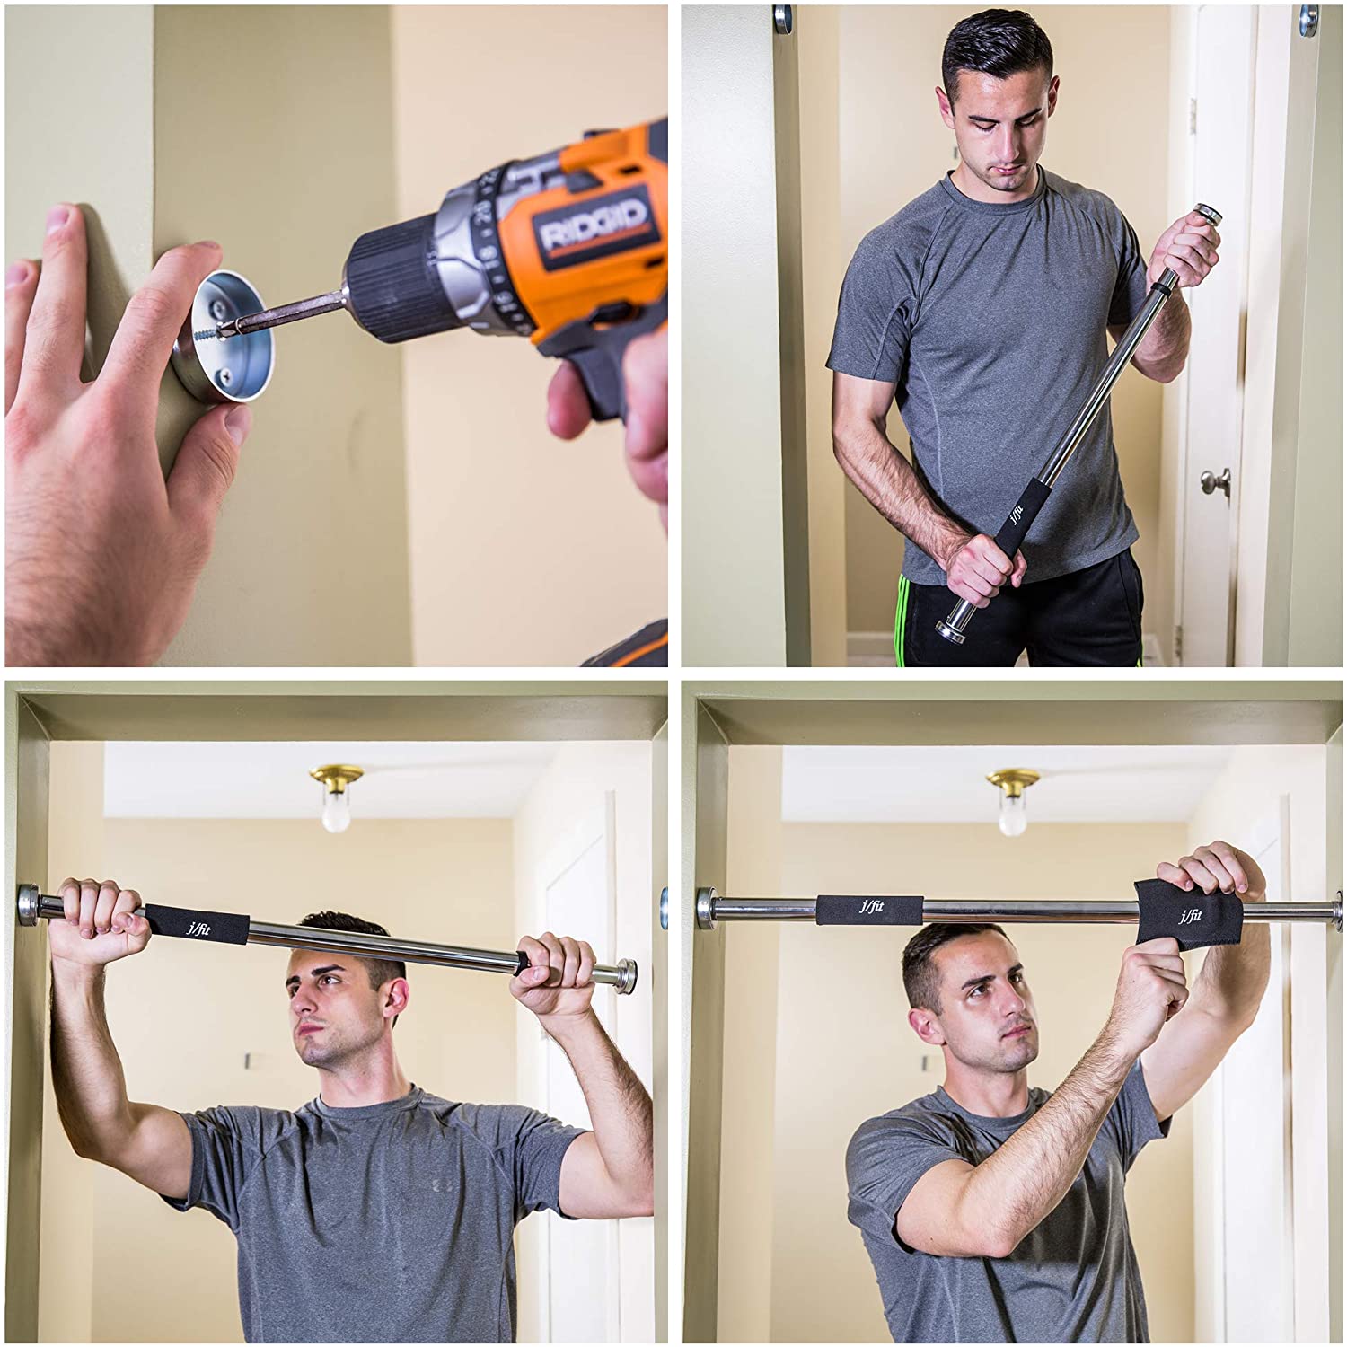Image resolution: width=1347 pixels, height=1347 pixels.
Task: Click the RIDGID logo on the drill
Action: coord(593,225)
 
